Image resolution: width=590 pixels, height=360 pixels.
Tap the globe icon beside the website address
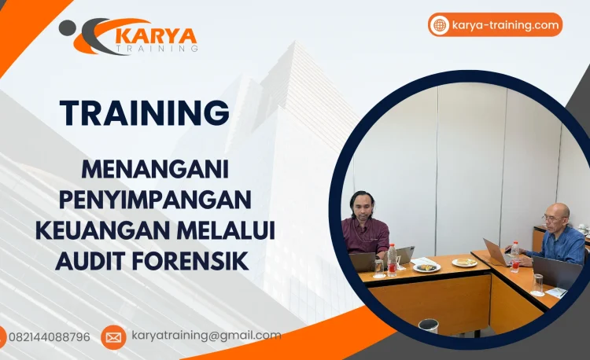(439, 25)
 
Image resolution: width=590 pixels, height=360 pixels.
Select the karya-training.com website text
(506, 25)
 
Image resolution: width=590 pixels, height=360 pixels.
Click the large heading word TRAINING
(145, 113)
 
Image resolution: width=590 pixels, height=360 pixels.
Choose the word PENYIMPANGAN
(153, 199)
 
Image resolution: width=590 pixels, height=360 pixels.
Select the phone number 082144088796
(49, 336)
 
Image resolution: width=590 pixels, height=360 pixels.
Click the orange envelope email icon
(113, 337)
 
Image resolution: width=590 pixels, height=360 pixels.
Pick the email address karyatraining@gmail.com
(206, 336)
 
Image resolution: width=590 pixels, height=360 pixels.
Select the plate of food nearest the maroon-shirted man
(427, 266)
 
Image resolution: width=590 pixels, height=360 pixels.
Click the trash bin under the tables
(429, 325)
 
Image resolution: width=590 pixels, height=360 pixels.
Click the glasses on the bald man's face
(551, 216)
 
